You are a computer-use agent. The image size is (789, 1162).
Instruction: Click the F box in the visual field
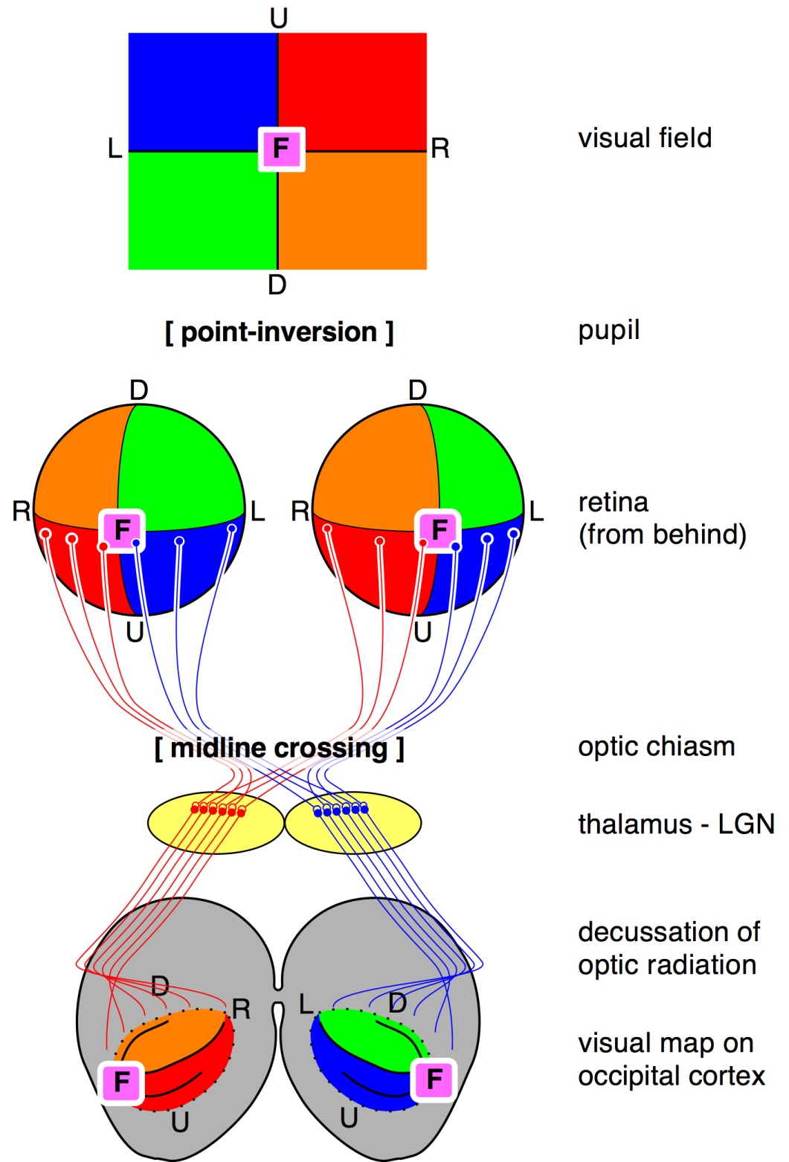point(281,149)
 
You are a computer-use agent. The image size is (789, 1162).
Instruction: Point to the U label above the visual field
point(279,19)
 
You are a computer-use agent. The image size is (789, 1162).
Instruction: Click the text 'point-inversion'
point(279,332)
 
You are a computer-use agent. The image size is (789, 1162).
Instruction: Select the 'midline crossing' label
point(279,749)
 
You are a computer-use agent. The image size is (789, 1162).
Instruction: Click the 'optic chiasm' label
point(656,747)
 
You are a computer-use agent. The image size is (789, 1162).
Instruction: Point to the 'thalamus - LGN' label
point(677,824)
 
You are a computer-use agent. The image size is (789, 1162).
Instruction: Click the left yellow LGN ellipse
point(216,823)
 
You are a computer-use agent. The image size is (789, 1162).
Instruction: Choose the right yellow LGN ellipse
point(353,823)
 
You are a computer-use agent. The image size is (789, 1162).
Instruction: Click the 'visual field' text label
point(645,138)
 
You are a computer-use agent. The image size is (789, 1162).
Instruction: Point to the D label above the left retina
point(139,390)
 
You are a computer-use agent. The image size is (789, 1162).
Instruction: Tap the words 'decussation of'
point(669,932)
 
